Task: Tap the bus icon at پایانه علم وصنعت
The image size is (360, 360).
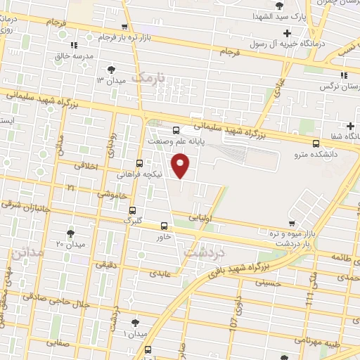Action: [x=176, y=129]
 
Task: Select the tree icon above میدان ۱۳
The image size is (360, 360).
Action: [x=112, y=69]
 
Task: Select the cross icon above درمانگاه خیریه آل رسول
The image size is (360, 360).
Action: [x=286, y=33]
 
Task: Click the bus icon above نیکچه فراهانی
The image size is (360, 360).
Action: [x=139, y=162]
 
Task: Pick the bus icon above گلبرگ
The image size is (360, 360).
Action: [x=132, y=210]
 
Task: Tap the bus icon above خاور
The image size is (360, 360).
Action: [x=164, y=226]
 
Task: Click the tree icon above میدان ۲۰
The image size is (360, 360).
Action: [x=70, y=233]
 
